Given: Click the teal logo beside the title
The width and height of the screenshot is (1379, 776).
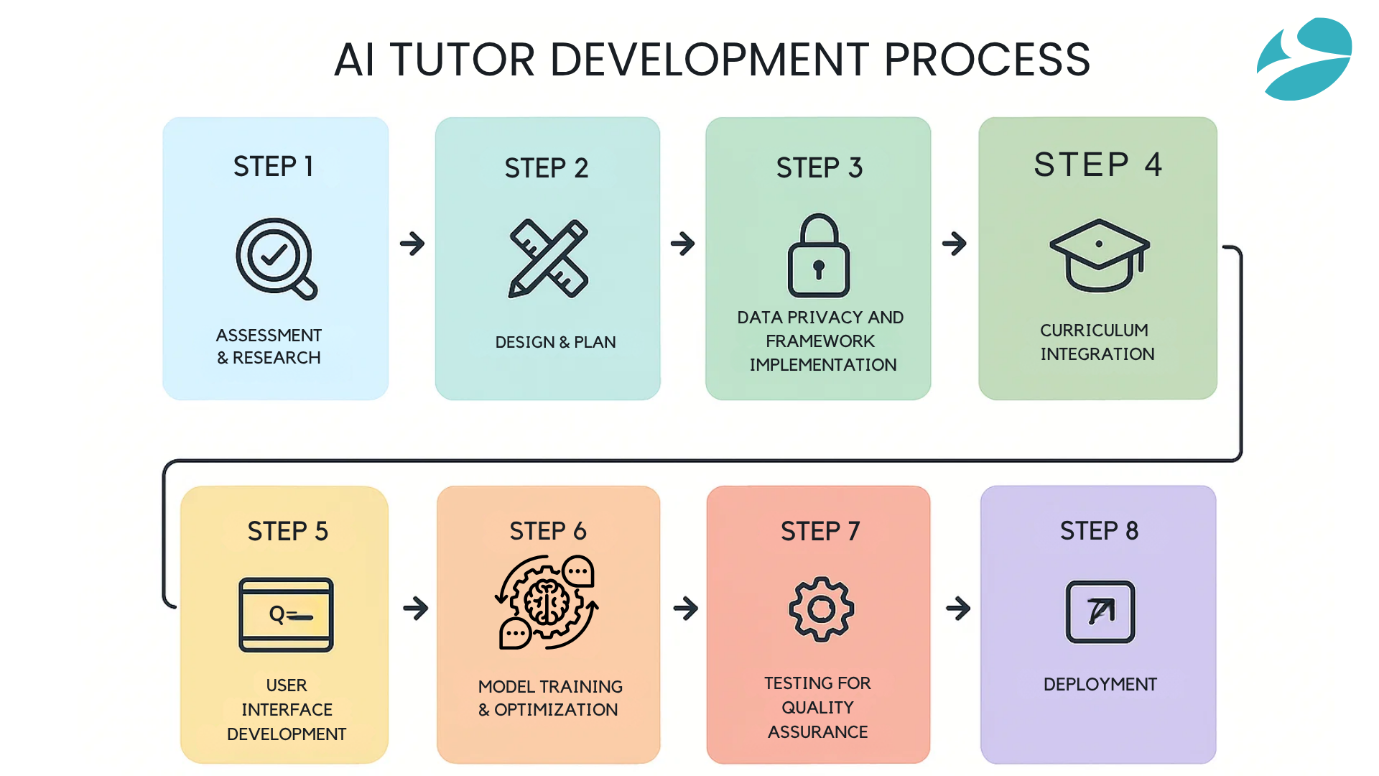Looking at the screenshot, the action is click(x=1304, y=59).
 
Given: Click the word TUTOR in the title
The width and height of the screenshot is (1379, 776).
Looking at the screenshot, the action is click(x=463, y=59).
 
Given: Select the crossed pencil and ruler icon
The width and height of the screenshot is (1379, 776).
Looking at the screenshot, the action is click(x=549, y=259).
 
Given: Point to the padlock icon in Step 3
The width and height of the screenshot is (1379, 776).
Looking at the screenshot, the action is click(x=819, y=255).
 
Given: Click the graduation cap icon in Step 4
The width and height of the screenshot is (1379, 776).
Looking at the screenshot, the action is click(x=1100, y=256).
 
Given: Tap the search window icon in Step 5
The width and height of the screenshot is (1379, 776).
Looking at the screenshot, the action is click(x=286, y=614).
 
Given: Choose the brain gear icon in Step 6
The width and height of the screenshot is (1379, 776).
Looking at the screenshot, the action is click(x=547, y=602).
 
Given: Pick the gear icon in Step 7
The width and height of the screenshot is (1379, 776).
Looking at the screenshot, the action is click(x=822, y=609).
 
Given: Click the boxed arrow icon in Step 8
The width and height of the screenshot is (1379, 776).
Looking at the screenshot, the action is click(x=1100, y=611).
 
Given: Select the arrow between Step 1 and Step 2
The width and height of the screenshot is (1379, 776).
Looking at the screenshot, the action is click(x=412, y=243).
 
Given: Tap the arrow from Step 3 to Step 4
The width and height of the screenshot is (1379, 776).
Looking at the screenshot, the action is click(x=955, y=243).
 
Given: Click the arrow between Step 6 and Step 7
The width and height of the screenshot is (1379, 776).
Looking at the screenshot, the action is click(x=686, y=609).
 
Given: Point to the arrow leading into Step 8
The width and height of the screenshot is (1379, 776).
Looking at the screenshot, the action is click(x=958, y=609).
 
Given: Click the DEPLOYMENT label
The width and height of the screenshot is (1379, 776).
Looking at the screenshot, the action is click(x=1100, y=684).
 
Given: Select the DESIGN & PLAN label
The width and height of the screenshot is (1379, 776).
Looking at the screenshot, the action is click(x=555, y=342).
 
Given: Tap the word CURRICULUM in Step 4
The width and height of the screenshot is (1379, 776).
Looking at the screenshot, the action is click(x=1094, y=331).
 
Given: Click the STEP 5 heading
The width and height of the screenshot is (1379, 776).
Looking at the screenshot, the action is click(x=287, y=532).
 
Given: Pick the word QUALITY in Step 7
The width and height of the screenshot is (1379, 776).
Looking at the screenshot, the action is click(x=817, y=708).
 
